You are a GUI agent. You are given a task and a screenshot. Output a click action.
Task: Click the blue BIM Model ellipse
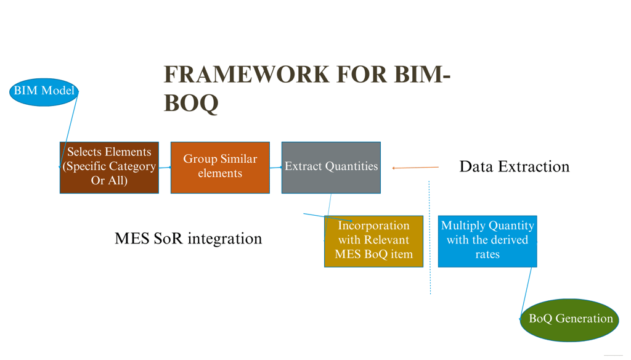click(44, 91)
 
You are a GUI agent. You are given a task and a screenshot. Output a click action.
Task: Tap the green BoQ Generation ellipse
click(570, 319)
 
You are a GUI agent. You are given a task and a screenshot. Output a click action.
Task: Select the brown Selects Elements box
click(109, 167)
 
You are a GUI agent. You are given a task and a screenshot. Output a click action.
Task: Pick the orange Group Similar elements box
click(220, 167)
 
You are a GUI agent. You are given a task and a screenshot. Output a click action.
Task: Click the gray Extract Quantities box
click(331, 167)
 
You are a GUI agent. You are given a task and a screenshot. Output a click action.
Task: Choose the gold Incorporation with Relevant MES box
click(373, 241)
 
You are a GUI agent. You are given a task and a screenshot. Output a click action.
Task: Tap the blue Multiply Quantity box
click(487, 241)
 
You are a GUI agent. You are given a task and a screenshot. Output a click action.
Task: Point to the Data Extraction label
click(514, 166)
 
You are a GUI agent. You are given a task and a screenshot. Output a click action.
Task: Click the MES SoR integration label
click(188, 239)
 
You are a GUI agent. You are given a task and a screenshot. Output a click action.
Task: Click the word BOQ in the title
click(190, 104)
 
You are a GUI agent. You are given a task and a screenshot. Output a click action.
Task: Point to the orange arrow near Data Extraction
click(416, 167)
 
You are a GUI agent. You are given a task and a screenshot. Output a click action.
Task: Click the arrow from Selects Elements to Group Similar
click(165, 167)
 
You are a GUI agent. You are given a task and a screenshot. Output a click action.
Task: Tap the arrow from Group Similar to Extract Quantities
click(275, 167)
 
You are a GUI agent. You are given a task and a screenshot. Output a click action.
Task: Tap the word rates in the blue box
click(487, 254)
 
